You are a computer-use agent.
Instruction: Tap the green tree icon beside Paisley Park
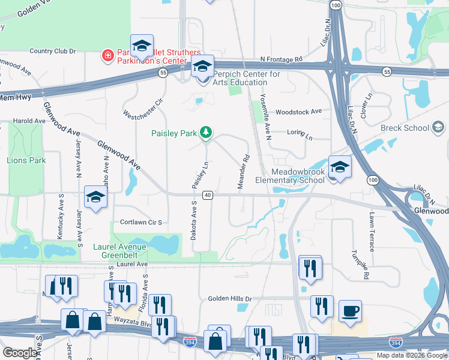(x=206, y=131)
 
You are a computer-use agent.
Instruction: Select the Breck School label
(x=405, y=128)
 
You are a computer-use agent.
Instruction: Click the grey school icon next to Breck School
(x=438, y=127)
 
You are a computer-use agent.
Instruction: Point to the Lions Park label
(x=26, y=160)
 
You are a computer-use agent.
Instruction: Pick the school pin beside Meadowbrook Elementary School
(x=340, y=167)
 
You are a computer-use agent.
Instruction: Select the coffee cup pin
(x=350, y=311)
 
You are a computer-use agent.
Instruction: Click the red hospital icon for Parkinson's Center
(x=107, y=56)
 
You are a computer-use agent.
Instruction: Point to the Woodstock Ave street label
(x=298, y=112)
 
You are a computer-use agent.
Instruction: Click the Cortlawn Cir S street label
(x=141, y=222)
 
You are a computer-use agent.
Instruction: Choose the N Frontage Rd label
(x=281, y=60)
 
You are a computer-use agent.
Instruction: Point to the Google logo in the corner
(x=20, y=353)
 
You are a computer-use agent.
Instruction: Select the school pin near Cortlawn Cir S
(x=95, y=197)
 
